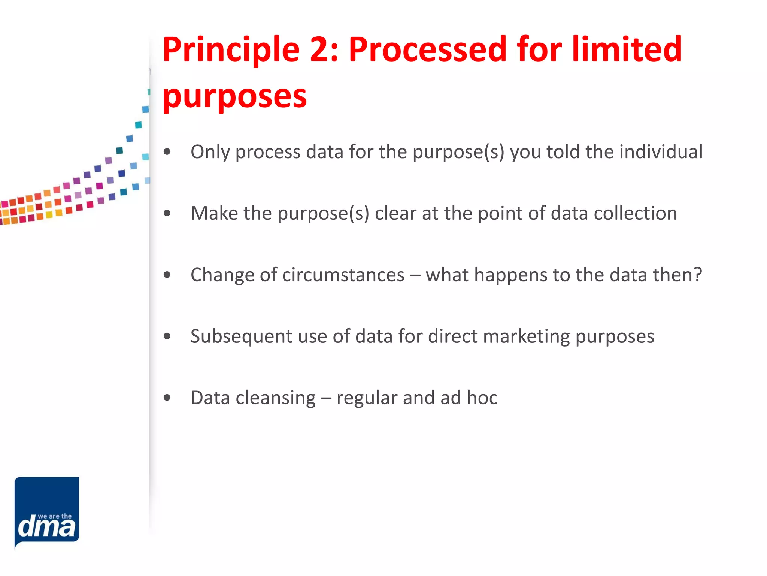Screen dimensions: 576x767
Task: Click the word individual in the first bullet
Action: coord(661,151)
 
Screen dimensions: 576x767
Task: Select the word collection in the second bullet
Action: coord(635,213)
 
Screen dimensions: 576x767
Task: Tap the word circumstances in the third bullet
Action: coord(343,275)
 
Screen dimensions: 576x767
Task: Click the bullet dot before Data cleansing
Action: coord(167,397)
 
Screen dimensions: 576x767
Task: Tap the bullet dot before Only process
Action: coord(167,152)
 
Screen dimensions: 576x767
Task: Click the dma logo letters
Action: coord(46,527)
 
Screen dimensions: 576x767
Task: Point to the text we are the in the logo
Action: coord(55,516)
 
